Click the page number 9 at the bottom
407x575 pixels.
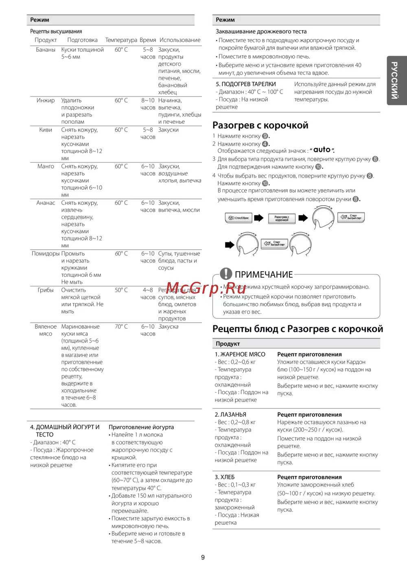(x=203, y=557)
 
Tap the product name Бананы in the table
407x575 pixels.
(x=46, y=50)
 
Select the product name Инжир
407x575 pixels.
(x=46, y=101)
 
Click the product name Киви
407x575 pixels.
(x=46, y=130)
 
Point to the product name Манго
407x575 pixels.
(x=46, y=167)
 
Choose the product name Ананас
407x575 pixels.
(x=46, y=203)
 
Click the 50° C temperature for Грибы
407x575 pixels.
(x=121, y=290)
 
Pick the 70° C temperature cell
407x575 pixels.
(x=121, y=327)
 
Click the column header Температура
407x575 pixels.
(x=121, y=40)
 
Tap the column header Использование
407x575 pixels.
(x=180, y=40)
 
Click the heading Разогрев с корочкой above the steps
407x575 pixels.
(x=260, y=125)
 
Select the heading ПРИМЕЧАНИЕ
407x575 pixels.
(x=264, y=274)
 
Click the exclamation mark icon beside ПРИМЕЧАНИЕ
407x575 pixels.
(x=226, y=274)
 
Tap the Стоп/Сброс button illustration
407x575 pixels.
(x=239, y=218)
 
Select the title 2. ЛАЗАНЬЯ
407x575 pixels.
(x=230, y=415)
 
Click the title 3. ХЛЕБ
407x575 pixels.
(x=225, y=477)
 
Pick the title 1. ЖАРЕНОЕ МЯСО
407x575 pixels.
(x=240, y=354)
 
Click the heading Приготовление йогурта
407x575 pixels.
(x=141, y=427)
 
